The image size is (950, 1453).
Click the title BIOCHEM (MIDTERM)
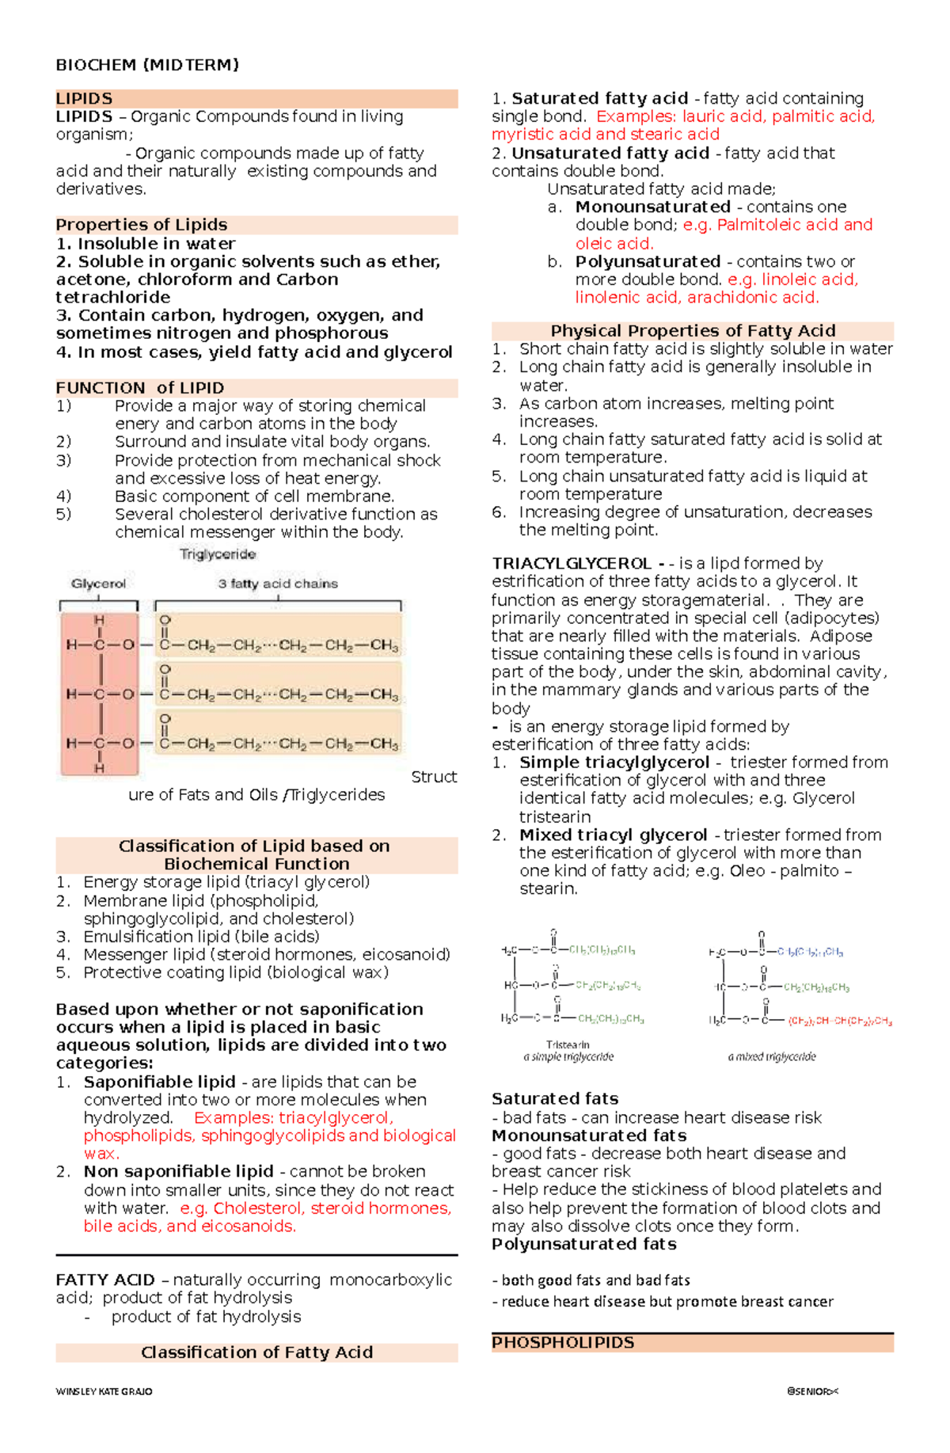[x=147, y=65]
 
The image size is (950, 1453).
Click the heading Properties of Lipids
[x=142, y=225]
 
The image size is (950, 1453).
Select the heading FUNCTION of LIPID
[x=140, y=388]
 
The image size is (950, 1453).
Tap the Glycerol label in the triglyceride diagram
[x=98, y=584]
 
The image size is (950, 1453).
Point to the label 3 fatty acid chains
[x=278, y=584]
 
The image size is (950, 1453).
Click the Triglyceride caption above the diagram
[x=218, y=554]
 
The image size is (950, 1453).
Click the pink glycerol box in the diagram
[x=100, y=694]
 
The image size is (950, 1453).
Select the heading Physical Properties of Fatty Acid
[x=693, y=331]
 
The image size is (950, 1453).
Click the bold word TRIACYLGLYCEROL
[x=572, y=564]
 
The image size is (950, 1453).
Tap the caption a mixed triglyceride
[x=771, y=1056]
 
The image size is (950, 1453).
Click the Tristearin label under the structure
[x=568, y=1044]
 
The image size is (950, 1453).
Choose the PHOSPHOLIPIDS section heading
[x=563, y=1343]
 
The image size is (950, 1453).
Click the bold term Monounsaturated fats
[x=589, y=1135]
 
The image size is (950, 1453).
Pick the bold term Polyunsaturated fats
[x=583, y=1244]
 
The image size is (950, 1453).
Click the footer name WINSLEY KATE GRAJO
[x=104, y=1391]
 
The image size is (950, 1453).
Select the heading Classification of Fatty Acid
[x=256, y=1352]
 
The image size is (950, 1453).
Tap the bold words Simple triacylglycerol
[x=614, y=763]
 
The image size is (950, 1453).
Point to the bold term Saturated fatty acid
[x=599, y=99]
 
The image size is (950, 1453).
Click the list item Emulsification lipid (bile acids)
[x=201, y=937]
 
